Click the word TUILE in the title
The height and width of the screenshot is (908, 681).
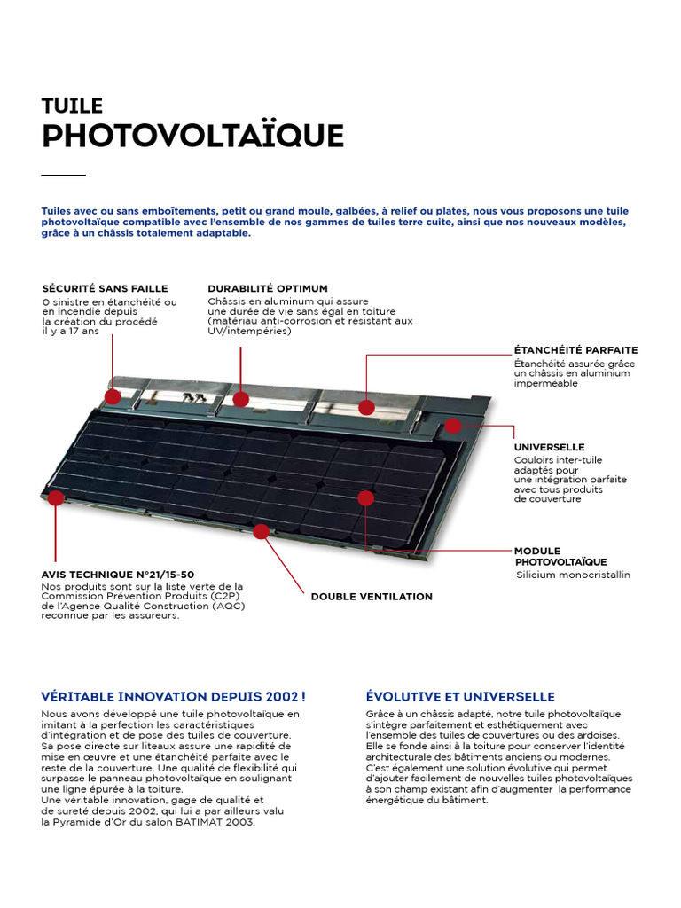click(x=73, y=106)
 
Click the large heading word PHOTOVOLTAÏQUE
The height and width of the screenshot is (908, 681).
click(x=192, y=137)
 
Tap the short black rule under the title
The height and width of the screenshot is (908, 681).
click(x=63, y=176)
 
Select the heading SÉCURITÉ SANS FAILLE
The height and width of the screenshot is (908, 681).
click(x=105, y=288)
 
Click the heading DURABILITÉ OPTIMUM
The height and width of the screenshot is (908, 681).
click(x=268, y=288)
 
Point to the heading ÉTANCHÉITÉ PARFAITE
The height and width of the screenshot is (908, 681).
click(x=575, y=350)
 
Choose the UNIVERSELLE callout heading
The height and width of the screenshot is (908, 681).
click(x=549, y=447)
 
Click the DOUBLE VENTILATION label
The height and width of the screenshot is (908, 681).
click(x=372, y=597)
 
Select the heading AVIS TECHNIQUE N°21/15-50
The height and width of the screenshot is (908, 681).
click(x=118, y=575)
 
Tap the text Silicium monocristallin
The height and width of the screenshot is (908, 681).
click(x=573, y=575)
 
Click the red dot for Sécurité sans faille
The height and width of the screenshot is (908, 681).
click(x=113, y=396)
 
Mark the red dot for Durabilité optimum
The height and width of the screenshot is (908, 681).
click(x=241, y=399)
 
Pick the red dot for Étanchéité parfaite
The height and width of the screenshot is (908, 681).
click(x=366, y=407)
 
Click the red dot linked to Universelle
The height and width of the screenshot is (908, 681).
click(x=453, y=426)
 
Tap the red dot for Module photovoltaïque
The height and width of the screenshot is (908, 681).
click(x=365, y=498)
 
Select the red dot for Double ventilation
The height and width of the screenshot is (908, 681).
click(x=261, y=531)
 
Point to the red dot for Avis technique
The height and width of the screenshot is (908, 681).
click(x=56, y=497)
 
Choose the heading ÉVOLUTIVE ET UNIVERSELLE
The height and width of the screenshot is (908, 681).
click(x=460, y=697)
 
